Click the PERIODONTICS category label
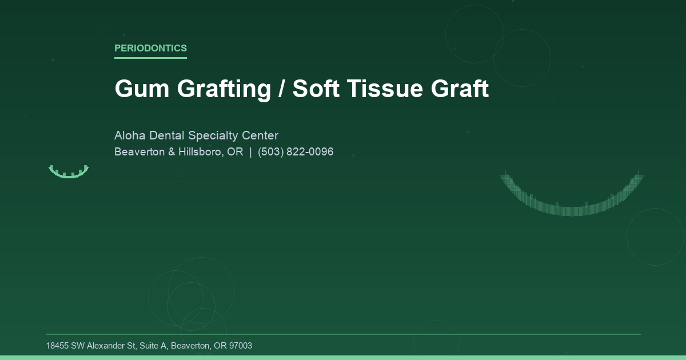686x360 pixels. (x=150, y=48)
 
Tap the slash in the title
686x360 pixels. (x=282, y=89)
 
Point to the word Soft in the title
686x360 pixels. (x=316, y=89)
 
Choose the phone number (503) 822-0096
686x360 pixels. (x=296, y=152)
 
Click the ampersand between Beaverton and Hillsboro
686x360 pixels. (x=171, y=152)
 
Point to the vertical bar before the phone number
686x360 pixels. (x=250, y=152)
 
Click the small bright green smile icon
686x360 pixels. (x=69, y=173)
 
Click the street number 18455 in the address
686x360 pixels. (x=57, y=346)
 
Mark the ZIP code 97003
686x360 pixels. (x=240, y=346)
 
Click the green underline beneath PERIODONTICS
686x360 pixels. (x=150, y=58)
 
